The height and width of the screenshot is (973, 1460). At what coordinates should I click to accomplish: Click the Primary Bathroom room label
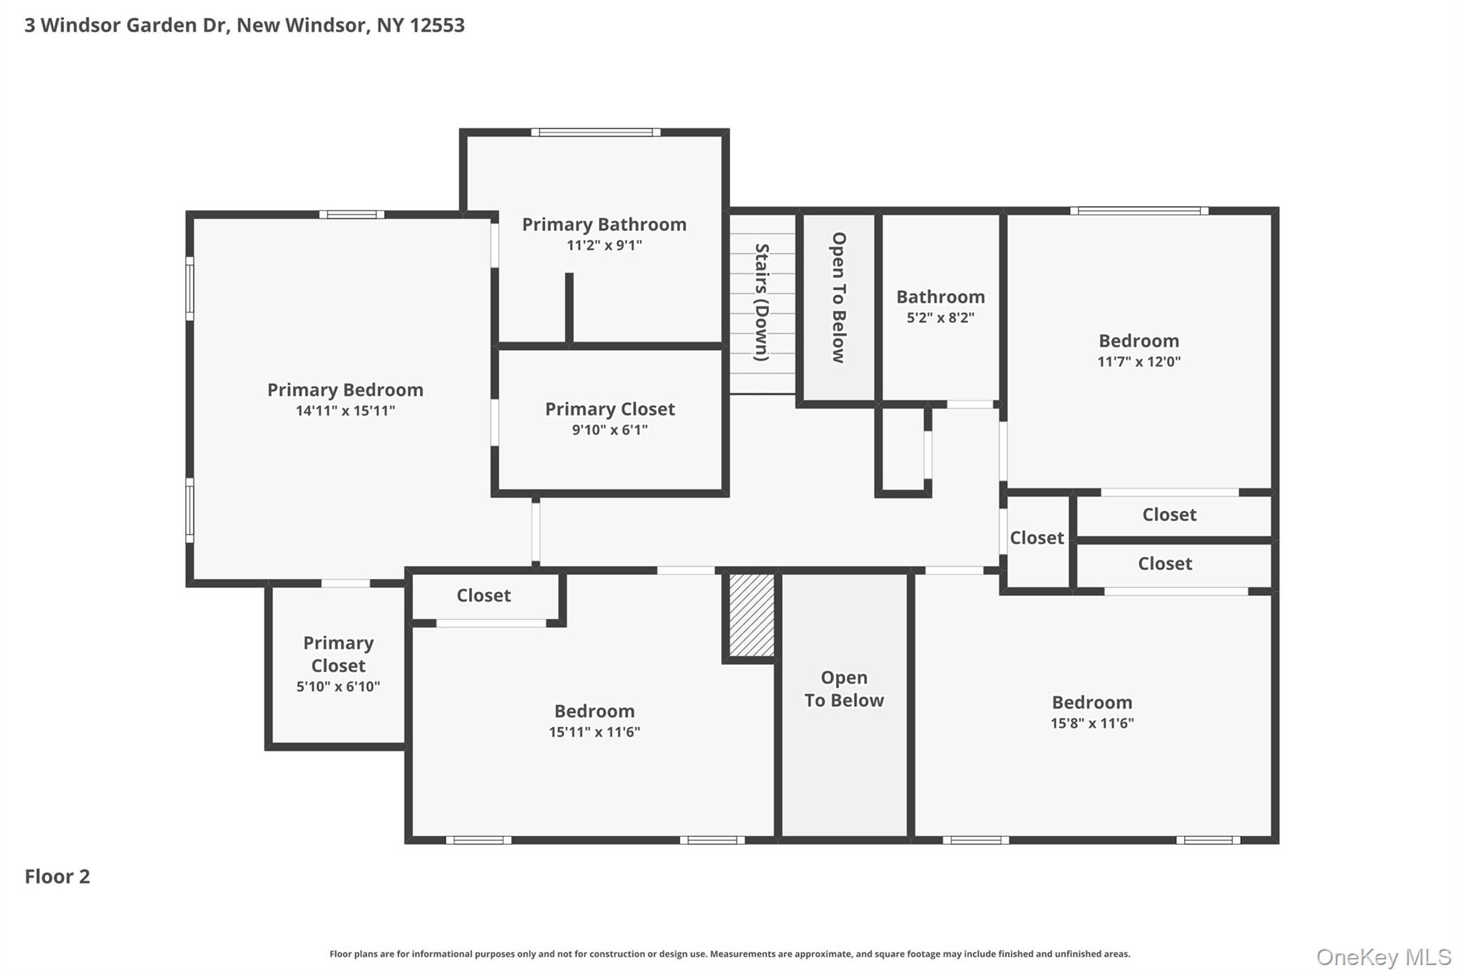pos(604,225)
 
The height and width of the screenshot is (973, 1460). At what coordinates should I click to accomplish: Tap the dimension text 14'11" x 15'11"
pos(345,411)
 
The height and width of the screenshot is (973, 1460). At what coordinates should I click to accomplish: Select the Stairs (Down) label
pos(762,302)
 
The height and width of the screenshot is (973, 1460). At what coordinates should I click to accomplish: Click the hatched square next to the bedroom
pos(751,615)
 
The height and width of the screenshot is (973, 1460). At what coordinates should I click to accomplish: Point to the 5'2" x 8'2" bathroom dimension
pos(940,318)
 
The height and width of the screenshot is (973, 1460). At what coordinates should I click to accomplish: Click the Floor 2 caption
pos(57,877)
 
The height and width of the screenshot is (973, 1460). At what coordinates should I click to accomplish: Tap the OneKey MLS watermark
pos(1383,957)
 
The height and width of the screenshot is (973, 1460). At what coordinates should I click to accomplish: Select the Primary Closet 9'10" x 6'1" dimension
pos(610,430)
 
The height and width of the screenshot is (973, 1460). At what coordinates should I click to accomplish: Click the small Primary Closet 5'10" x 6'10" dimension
pos(338,687)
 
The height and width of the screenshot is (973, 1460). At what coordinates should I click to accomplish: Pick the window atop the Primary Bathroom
pos(595,132)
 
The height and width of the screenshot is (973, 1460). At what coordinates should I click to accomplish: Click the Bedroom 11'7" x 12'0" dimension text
pos(1138,361)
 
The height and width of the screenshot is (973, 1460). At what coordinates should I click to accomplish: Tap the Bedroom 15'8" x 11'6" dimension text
pos(1091,724)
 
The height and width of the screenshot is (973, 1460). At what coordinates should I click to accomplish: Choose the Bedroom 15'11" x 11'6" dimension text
pos(594,732)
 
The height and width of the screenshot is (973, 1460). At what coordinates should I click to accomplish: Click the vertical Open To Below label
pos(839,298)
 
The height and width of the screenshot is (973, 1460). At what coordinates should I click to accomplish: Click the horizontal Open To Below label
pos(844,689)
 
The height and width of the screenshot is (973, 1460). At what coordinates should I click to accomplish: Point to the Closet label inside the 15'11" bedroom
pos(483,596)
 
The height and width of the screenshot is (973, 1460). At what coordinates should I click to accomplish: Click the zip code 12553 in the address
pos(436,26)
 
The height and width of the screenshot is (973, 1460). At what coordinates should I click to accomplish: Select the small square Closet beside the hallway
pos(1037,538)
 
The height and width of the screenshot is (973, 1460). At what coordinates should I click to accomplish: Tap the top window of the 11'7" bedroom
pos(1138,211)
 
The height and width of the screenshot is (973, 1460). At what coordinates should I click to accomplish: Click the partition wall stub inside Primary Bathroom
pos(569,308)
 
